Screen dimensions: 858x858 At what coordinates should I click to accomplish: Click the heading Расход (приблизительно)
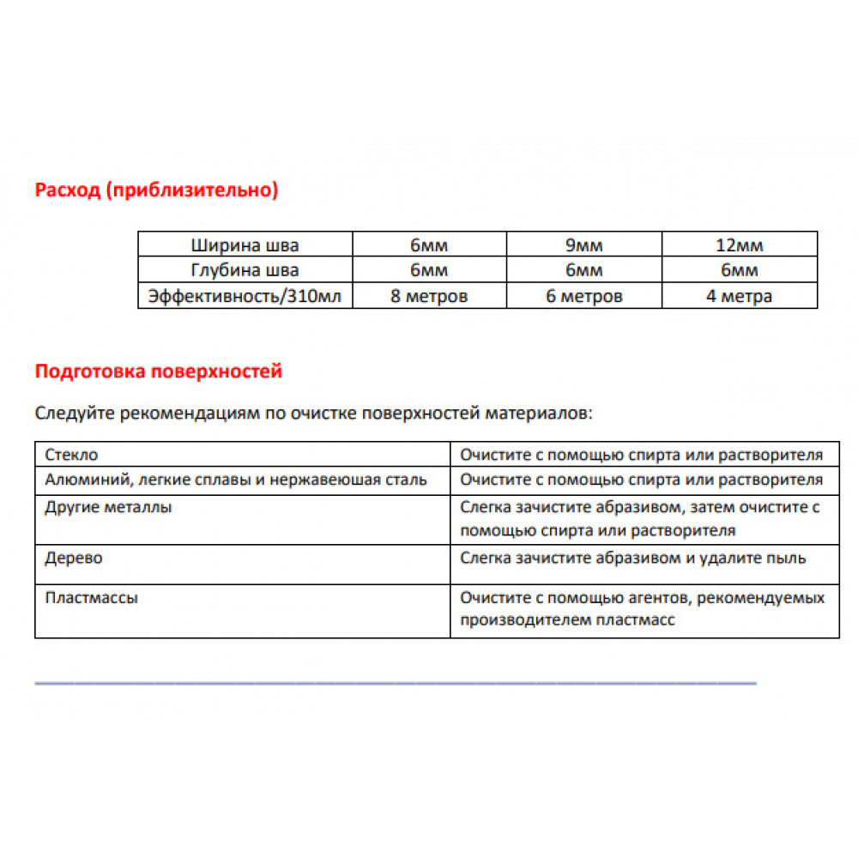[156, 190]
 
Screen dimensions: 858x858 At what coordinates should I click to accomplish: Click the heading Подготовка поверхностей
[158, 372]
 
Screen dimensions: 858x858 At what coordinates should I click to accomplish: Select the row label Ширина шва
[245, 245]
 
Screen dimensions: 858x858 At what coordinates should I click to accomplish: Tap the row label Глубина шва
[245, 270]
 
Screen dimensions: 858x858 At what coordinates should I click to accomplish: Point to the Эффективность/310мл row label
[245, 296]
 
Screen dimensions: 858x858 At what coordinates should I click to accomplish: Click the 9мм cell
[583, 245]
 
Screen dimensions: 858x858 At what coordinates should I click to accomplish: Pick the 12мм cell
[739, 245]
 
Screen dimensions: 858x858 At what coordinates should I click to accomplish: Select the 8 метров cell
[429, 296]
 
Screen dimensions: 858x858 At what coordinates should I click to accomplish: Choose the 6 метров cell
[583, 296]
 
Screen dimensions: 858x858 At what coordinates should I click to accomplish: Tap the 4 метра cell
[739, 296]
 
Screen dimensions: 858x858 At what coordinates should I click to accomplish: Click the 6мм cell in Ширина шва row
[429, 245]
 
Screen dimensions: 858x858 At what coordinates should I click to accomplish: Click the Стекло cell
[71, 455]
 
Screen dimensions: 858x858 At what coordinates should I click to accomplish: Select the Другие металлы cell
[108, 507]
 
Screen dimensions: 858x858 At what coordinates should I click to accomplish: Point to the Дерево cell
[74, 559]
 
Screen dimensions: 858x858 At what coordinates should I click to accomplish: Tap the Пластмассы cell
[91, 598]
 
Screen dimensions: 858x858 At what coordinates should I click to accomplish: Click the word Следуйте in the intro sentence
[76, 414]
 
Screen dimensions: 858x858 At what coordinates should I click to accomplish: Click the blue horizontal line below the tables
[395, 683]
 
